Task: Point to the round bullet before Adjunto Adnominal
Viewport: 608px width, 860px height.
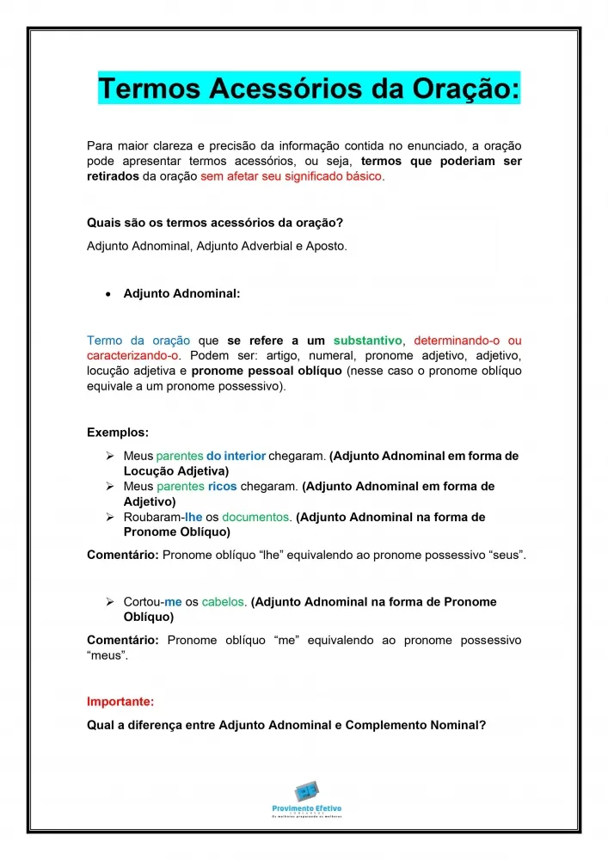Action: pos(107,294)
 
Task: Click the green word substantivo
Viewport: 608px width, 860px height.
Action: pos(367,341)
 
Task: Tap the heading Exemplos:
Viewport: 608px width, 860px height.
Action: pos(118,432)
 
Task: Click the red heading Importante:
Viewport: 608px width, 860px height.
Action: pos(120,702)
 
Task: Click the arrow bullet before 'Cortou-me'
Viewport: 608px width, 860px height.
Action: pos(110,603)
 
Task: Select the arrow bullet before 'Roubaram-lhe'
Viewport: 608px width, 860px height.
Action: pos(110,518)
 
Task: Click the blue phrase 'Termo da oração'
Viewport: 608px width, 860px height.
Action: pos(138,341)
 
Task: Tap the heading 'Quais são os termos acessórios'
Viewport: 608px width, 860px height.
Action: pos(215,224)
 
